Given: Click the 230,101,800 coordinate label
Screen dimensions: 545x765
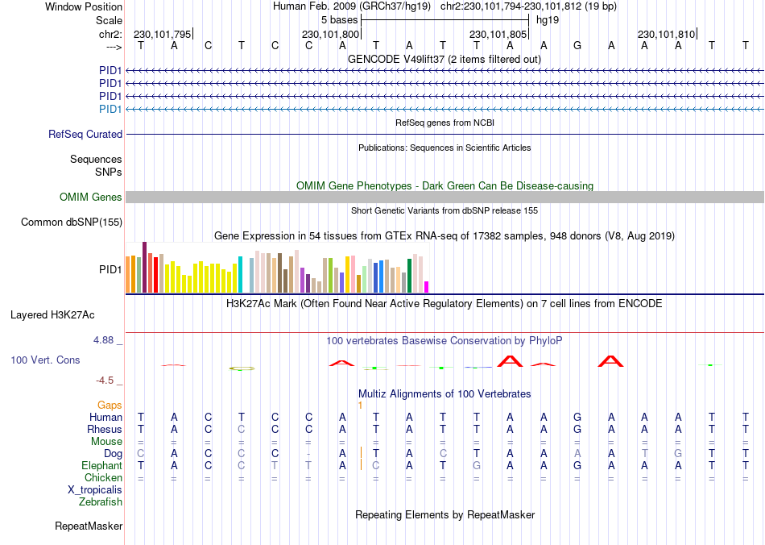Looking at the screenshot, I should point(330,35).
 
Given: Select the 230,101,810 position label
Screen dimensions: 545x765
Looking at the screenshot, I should point(666,35).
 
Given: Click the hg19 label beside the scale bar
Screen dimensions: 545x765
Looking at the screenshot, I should point(548,19).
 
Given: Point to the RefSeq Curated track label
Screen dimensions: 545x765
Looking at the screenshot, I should point(85,135).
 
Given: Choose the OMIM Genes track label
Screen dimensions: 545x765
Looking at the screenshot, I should point(91,198).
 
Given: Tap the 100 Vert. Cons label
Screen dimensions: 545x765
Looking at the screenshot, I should point(45,360).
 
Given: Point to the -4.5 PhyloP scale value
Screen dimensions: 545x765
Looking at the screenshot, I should point(107,381).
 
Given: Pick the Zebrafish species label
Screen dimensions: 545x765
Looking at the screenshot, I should point(101,502).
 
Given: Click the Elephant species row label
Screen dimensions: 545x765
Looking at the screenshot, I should point(102,466).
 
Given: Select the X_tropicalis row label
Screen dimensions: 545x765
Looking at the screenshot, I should point(95,490).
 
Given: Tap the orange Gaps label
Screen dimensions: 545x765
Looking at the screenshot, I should point(110,405).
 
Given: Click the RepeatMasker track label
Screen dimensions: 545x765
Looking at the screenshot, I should point(89,526).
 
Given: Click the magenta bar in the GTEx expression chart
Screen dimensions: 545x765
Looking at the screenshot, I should point(427,286).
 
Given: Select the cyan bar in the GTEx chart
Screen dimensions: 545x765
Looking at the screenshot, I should point(240,274).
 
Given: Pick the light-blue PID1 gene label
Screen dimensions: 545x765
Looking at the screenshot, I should point(110,109).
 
